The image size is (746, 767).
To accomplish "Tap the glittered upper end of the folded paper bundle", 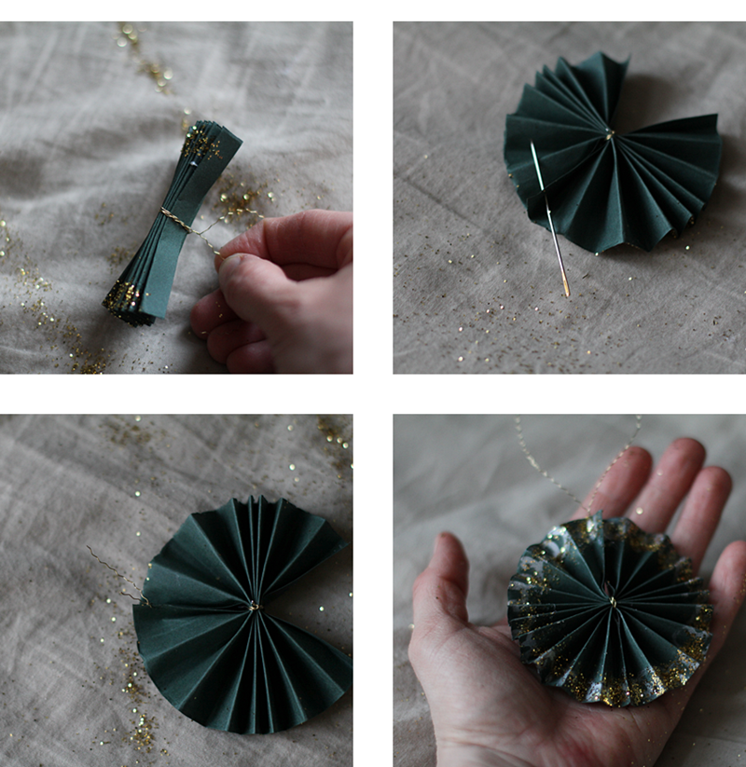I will pyautogui.click(x=203, y=142).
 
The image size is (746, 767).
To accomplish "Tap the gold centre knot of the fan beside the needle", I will pyautogui.click(x=608, y=135).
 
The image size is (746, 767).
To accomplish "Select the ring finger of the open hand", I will pyautogui.click(x=713, y=494).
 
